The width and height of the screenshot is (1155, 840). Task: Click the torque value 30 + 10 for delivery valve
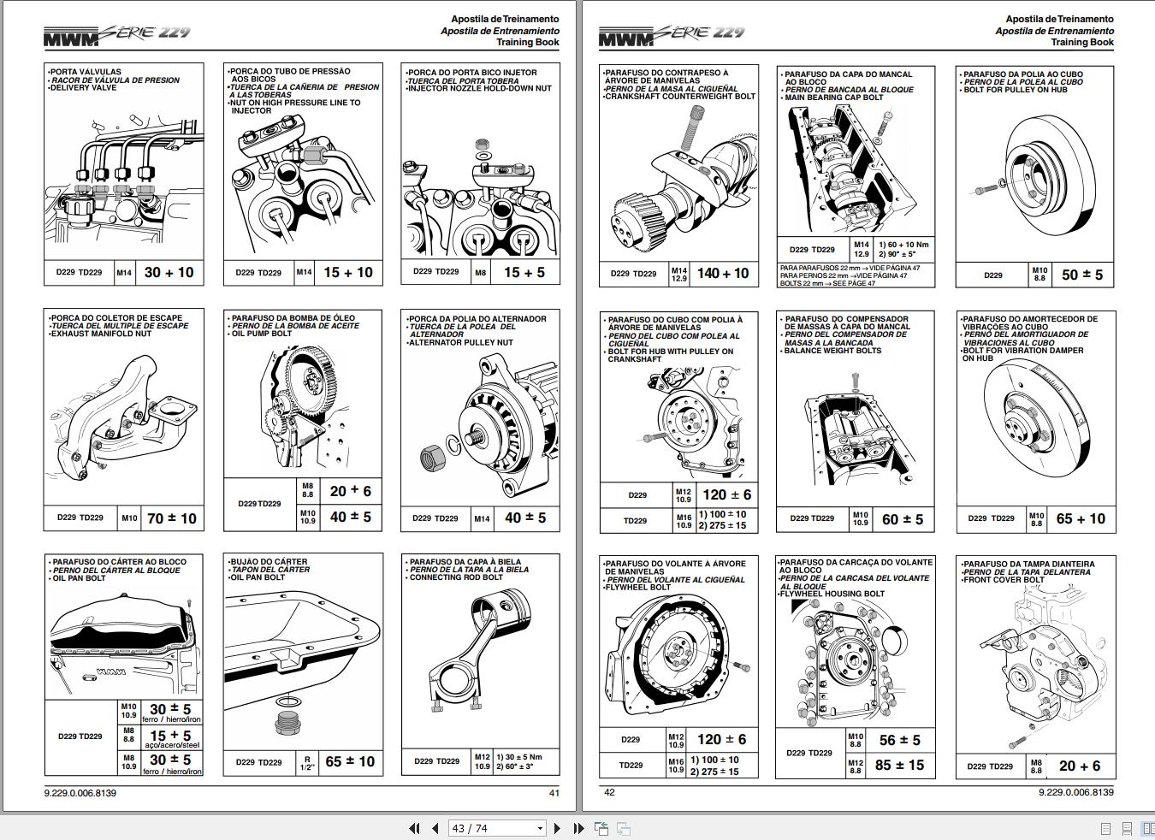(169, 273)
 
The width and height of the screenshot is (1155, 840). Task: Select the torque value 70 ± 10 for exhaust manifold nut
(171, 518)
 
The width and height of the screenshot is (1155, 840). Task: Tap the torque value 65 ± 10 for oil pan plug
(349, 761)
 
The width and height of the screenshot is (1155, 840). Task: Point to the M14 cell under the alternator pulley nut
(482, 518)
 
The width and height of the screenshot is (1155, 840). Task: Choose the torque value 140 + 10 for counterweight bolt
(722, 274)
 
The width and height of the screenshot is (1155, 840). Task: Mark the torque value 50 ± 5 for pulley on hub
(1081, 275)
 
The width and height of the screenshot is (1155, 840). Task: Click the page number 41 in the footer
(554, 793)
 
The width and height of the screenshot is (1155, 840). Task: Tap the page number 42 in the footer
(609, 792)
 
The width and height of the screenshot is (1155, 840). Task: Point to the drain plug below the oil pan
(286, 725)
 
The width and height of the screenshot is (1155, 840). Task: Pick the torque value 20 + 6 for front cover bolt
(1079, 766)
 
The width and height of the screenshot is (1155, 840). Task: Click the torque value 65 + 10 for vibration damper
(1080, 518)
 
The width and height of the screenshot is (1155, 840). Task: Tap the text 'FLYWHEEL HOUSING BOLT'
(832, 594)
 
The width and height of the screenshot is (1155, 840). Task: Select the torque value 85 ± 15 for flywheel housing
(899, 766)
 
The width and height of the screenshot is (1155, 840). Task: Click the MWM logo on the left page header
(72, 37)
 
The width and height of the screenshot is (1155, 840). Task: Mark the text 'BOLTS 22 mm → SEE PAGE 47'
(827, 283)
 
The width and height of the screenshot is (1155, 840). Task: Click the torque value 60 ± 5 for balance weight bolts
(902, 519)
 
